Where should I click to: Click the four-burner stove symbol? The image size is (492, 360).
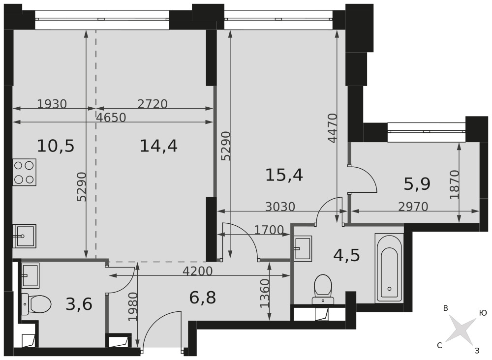pos(25,172)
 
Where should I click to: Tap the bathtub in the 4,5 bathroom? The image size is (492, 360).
pos(389,268)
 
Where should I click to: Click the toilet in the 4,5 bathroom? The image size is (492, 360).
pos(323,289)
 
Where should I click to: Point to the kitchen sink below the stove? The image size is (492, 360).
pos(25,236)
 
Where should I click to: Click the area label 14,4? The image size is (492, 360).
pos(158,146)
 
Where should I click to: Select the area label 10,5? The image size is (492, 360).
pos(56,146)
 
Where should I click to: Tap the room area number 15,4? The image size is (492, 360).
pos(284,175)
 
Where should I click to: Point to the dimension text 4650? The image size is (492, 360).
pos(111,118)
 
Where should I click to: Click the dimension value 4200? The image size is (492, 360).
pos(198,271)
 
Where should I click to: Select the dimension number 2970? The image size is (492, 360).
pos(413,207)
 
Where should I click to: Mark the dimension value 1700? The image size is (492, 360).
pos(269,231)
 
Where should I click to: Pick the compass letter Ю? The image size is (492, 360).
pos(483,313)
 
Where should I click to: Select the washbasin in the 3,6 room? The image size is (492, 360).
pos(30,275)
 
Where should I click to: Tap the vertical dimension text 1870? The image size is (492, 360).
pos(454,184)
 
